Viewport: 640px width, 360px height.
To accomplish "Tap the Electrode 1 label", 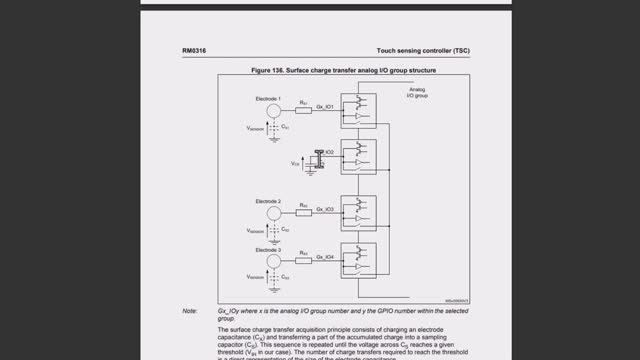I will (266, 96).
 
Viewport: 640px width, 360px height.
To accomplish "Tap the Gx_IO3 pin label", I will (327, 209).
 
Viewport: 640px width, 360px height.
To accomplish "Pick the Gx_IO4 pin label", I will (327, 257).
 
